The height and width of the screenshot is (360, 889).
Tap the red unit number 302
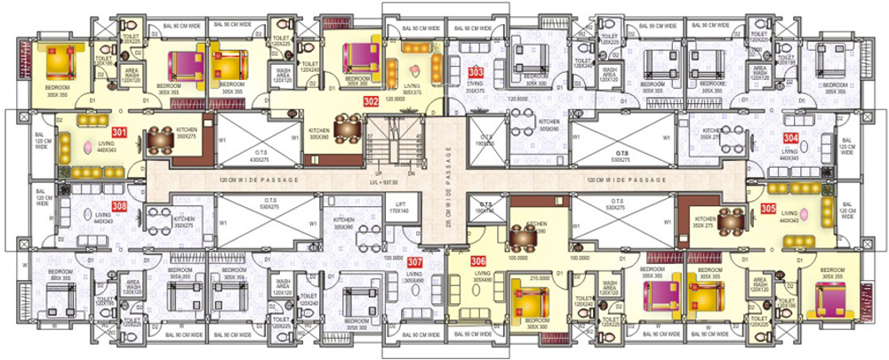point(371,101)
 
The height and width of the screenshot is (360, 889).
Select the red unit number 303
point(477,72)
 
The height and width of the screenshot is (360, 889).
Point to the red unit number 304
point(790,138)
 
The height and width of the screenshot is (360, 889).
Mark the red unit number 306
point(479,260)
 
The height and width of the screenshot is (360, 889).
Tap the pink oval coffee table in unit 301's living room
point(87,148)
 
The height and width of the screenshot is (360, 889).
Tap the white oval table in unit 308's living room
point(86,214)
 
